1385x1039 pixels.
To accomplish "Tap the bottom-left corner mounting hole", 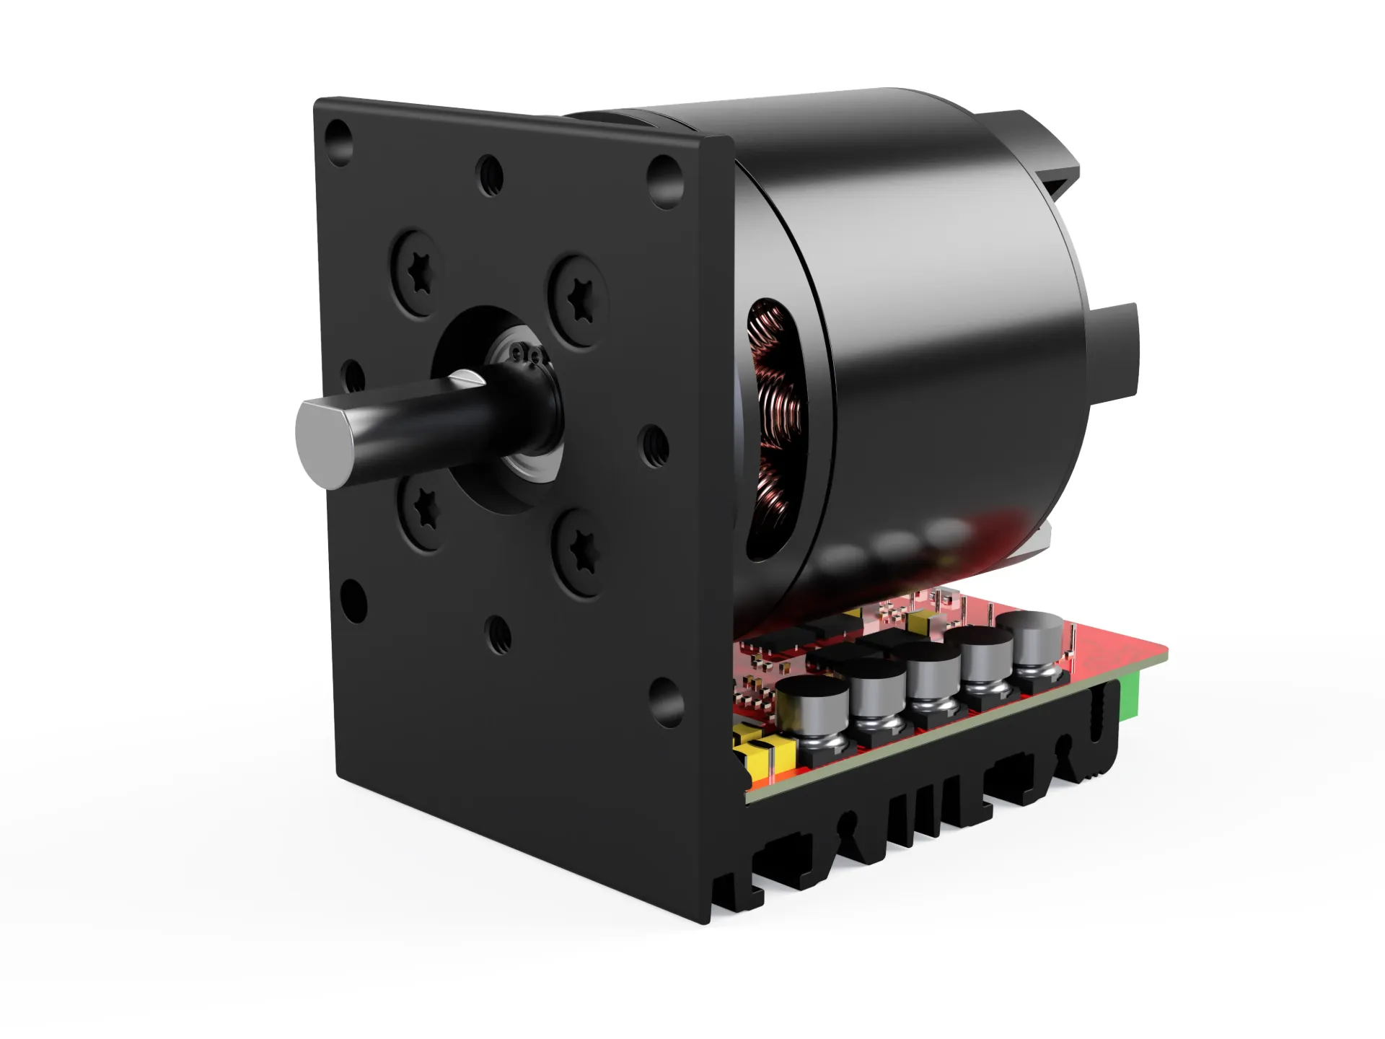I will [353, 600].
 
